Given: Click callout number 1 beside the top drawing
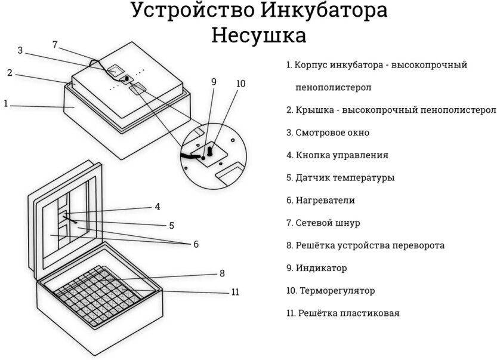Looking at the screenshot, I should tap(5, 103).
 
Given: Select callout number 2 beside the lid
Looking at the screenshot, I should tap(10, 73).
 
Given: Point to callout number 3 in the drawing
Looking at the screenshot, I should tap(20, 51).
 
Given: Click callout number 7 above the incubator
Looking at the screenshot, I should tap(55, 45).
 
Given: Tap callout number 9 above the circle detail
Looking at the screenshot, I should tap(214, 82).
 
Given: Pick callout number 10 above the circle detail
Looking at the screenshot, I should tap(240, 84).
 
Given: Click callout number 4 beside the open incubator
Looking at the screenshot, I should tap(158, 207).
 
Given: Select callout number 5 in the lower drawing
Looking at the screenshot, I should tap(171, 226).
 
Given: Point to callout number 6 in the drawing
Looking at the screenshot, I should tap(195, 244).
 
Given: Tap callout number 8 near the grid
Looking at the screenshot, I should tap(222, 273).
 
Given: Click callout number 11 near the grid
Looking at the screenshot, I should tap(235, 292).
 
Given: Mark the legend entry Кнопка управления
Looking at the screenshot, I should tap(342, 155).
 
